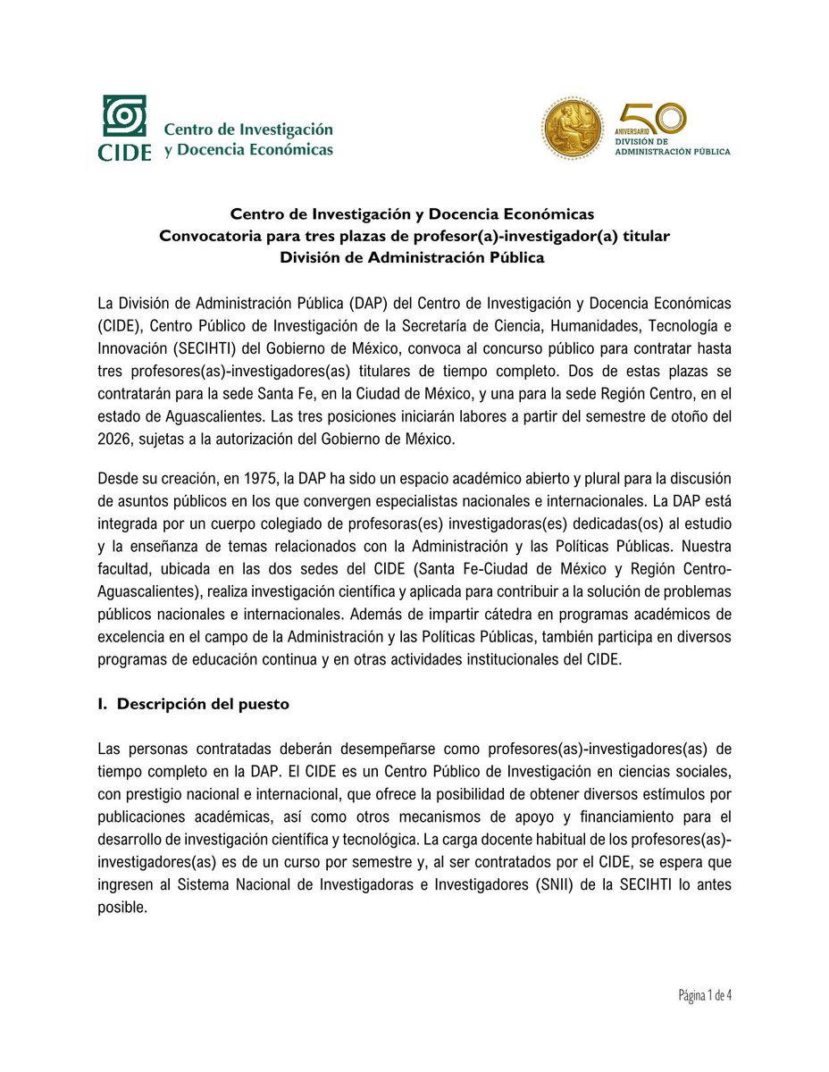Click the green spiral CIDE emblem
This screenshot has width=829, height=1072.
(x=124, y=117)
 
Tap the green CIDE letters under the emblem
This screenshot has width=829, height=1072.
(x=124, y=151)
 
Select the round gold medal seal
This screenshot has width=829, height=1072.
(x=573, y=129)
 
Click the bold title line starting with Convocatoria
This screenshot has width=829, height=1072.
(x=414, y=236)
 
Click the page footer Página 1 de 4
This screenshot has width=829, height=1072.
(x=705, y=995)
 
